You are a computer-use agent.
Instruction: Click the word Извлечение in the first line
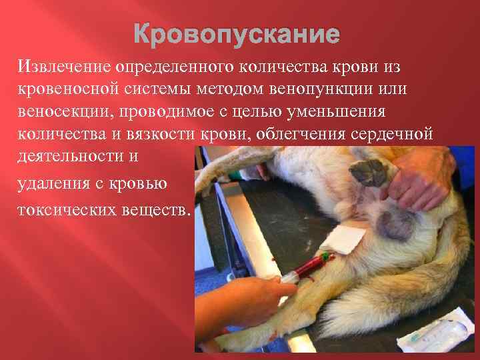(65, 66)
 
